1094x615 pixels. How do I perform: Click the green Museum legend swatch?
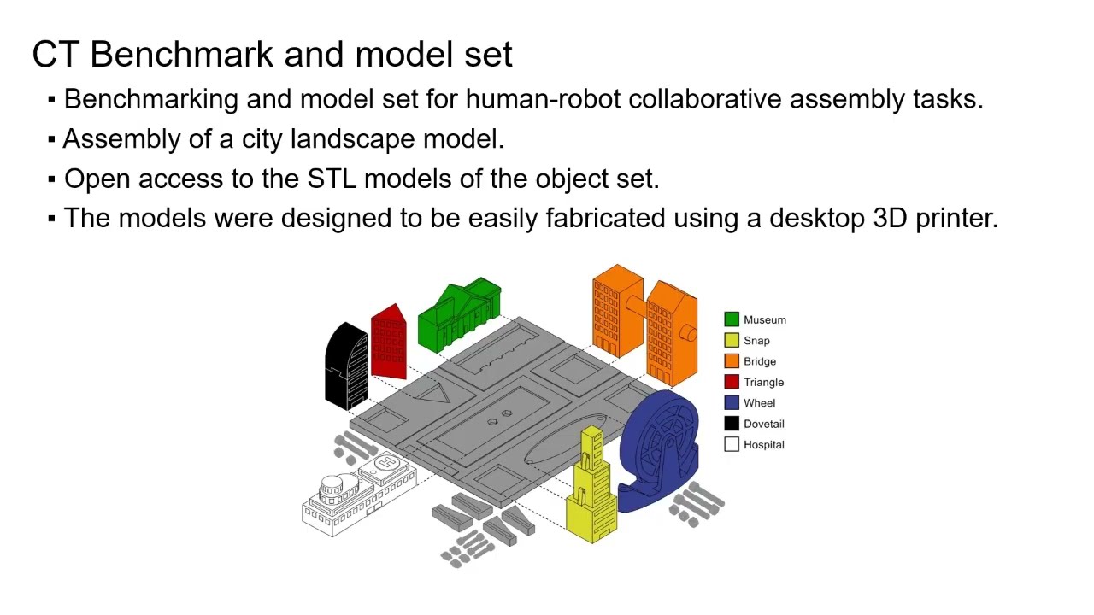[732, 319]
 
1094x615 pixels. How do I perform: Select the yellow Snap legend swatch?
[732, 340]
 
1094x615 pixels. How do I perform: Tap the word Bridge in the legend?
[759, 361]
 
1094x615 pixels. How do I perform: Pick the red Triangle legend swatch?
[732, 382]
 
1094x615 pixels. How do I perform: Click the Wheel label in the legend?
[759, 403]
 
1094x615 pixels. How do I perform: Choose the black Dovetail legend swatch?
[732, 424]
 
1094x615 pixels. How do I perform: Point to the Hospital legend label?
[763, 444]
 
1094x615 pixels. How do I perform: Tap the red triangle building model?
[389, 342]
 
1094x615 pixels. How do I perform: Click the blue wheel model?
[661, 448]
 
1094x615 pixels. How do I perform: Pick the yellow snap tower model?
[592, 487]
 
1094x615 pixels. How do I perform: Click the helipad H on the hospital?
[385, 463]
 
